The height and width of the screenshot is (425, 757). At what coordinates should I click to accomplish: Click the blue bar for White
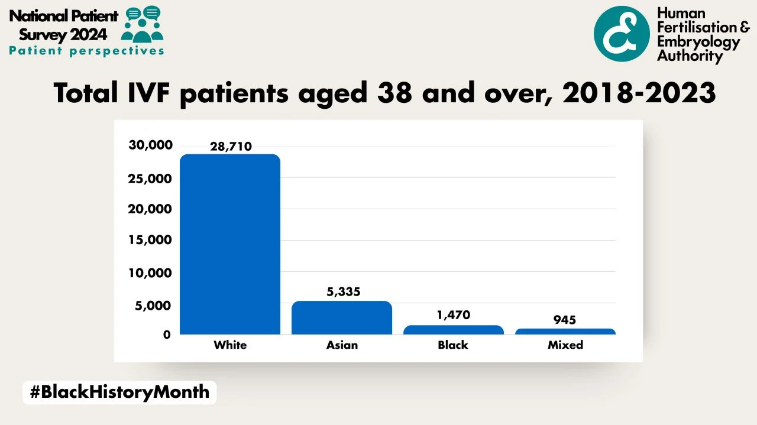tap(230, 244)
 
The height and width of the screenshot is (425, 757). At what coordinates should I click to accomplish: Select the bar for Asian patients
tap(342, 317)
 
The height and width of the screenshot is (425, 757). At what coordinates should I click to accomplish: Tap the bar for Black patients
tap(454, 330)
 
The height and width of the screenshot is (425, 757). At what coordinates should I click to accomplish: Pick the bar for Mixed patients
tap(565, 332)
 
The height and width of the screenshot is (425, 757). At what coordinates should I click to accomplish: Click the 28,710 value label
tap(231, 147)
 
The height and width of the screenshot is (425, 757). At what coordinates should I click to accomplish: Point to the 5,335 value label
tap(343, 291)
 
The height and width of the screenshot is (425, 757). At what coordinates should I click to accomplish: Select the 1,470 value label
tap(454, 315)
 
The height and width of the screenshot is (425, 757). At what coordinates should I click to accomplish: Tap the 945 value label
tap(565, 320)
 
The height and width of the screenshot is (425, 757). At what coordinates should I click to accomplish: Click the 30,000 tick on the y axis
tap(151, 145)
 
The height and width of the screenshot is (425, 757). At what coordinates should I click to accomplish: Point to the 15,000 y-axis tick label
tap(151, 240)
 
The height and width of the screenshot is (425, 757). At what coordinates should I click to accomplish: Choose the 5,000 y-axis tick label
tap(154, 305)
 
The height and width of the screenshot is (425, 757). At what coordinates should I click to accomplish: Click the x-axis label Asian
tap(342, 345)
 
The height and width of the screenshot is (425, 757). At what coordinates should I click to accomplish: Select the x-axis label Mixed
tap(565, 345)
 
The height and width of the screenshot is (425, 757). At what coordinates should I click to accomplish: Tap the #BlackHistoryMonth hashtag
tap(119, 392)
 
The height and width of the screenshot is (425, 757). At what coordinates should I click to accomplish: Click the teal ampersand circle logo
tap(622, 34)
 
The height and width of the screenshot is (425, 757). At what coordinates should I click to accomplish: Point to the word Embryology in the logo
tap(698, 42)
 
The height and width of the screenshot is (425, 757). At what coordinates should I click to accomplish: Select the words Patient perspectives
tap(86, 51)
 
